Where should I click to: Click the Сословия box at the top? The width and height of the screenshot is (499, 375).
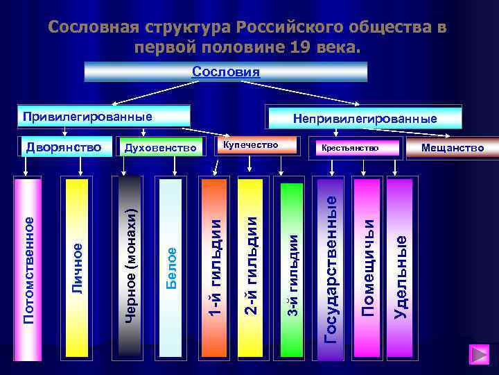(x=225, y=72)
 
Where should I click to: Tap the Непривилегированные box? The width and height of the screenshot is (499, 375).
(x=365, y=118)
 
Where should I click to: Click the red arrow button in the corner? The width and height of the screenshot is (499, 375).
(x=479, y=354)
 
